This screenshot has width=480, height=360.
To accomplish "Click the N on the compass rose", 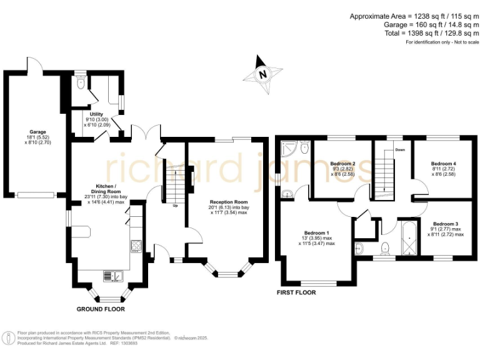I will click(263, 74).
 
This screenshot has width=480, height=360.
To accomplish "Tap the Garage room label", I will click(38, 132).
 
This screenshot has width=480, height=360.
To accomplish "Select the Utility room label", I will click(96, 114).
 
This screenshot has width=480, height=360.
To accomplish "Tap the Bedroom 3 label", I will click(446, 224).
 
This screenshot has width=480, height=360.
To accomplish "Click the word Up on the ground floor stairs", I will click(174, 206).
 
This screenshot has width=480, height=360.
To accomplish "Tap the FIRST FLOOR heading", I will click(296, 292).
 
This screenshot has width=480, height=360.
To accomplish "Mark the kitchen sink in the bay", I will click(113, 276).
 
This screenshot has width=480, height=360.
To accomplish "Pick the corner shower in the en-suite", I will click(289, 148).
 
